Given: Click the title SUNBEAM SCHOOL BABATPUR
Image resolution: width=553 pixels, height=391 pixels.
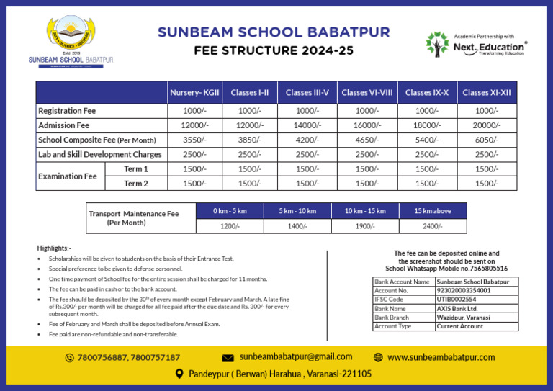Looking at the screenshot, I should (x=274, y=32).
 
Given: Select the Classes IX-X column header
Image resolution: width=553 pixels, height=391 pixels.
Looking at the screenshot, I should (x=426, y=93).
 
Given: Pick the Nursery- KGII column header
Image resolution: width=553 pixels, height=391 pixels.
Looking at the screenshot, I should (x=194, y=93).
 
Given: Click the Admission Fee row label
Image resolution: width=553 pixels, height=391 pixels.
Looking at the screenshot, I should (x=63, y=125).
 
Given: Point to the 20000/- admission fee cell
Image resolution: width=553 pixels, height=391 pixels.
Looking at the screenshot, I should (x=487, y=125).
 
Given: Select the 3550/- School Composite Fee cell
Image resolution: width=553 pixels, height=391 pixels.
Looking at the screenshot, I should (x=194, y=140).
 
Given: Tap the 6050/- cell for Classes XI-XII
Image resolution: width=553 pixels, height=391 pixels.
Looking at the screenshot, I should (x=487, y=140).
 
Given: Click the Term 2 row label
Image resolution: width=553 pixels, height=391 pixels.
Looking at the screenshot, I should (x=135, y=184).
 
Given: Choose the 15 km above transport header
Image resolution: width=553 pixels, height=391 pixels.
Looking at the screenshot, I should (x=433, y=211).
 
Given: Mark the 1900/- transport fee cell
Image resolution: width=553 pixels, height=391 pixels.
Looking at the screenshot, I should (x=364, y=226).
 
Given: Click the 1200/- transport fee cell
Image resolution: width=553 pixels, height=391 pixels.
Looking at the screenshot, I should (x=230, y=226).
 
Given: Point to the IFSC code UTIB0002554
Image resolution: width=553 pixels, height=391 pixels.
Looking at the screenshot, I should (x=457, y=299).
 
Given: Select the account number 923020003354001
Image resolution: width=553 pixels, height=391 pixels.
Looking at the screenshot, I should (x=464, y=290).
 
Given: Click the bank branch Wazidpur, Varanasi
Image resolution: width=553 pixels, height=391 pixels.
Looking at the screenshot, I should (x=464, y=317).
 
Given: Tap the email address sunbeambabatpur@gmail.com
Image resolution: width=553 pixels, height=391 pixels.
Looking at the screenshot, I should (x=296, y=356).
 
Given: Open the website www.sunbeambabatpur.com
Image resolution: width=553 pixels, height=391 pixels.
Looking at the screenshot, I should (x=441, y=357).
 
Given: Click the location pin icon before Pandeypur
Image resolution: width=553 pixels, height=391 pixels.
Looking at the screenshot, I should (x=180, y=374).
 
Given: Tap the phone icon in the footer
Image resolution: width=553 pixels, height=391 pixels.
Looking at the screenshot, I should (x=69, y=358).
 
